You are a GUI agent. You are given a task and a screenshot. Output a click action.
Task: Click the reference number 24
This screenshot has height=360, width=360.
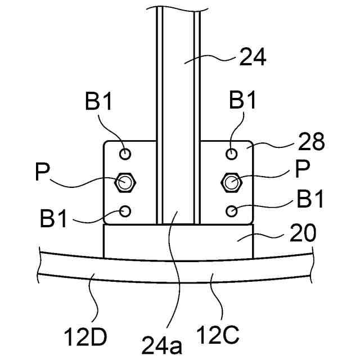click(253, 57)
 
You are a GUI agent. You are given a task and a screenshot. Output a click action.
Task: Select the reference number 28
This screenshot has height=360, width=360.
click(311, 141)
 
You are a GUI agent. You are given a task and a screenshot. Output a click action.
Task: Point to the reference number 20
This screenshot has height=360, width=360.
click(303, 233)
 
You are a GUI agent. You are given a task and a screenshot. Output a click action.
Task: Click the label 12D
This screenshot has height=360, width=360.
click(85, 337)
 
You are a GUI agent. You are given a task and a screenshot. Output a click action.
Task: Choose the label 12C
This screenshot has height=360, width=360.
click(218, 334)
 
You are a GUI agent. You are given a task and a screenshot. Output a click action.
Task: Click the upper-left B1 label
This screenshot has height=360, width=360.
click(98, 101)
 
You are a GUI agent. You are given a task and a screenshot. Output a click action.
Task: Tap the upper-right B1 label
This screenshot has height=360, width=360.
click(242, 100)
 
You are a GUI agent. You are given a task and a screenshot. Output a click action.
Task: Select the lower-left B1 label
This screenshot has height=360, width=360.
click(53, 218)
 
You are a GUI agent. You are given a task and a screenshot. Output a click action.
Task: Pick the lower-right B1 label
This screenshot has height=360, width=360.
click(310, 199)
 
